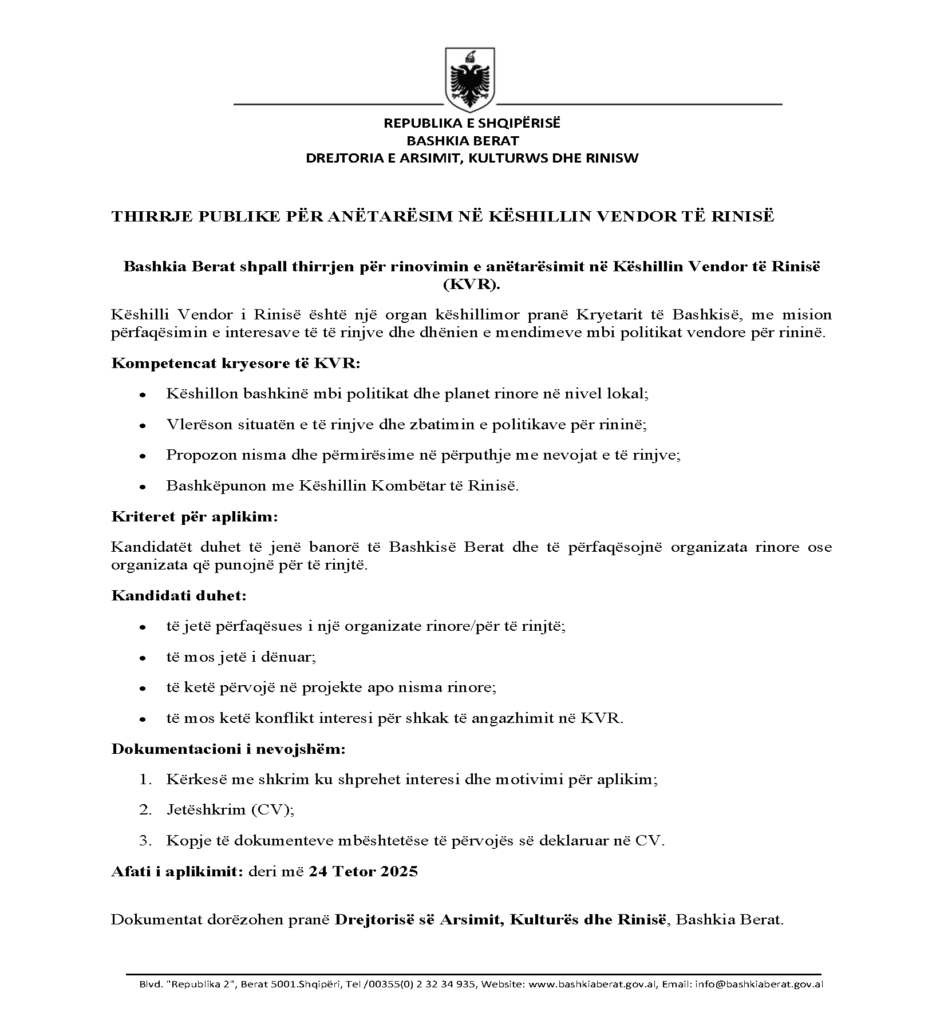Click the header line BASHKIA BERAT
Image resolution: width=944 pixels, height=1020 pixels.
click(463, 141)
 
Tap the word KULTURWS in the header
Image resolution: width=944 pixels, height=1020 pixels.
click(503, 159)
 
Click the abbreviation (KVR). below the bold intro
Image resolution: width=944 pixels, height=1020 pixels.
click(471, 285)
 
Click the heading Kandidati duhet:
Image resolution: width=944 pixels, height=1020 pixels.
click(179, 596)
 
